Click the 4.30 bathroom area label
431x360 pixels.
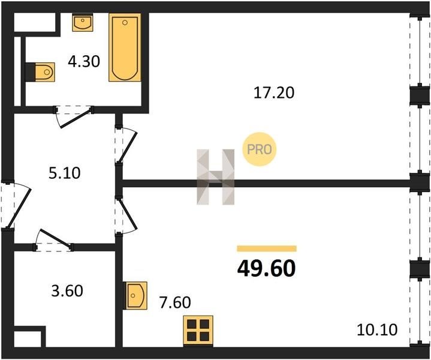click(x=84, y=61)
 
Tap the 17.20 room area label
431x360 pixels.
click(x=274, y=92)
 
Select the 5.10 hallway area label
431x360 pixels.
click(x=65, y=173)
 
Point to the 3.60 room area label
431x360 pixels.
click(x=67, y=291)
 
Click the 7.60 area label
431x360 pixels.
click(x=175, y=302)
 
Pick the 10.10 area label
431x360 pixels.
click(x=377, y=330)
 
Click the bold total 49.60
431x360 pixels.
click(x=266, y=269)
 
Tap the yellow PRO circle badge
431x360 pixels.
click(x=259, y=149)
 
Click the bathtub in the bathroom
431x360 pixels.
click(x=125, y=47)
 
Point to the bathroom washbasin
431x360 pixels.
click(x=83, y=23)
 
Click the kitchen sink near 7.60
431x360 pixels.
click(x=135, y=295)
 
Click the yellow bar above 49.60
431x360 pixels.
click(x=267, y=248)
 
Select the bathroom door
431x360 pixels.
click(x=74, y=116)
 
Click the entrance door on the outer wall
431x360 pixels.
click(x=17, y=205)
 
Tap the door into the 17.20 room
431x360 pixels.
click(x=126, y=145)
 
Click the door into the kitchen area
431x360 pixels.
click(x=126, y=216)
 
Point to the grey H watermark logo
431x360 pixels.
click(x=216, y=177)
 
